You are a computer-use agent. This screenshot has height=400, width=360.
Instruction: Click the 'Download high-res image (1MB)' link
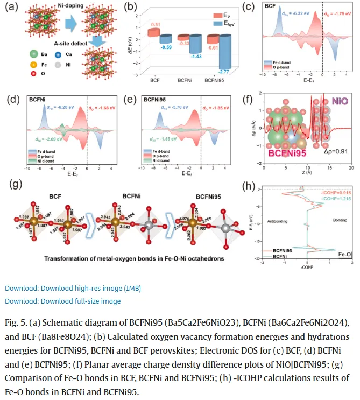[x=73, y=288]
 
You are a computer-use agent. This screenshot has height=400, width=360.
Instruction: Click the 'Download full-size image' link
[x=63, y=301]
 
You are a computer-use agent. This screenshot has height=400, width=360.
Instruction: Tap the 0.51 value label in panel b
[x=155, y=24]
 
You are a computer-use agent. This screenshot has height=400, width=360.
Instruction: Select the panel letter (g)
[x=17, y=184]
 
